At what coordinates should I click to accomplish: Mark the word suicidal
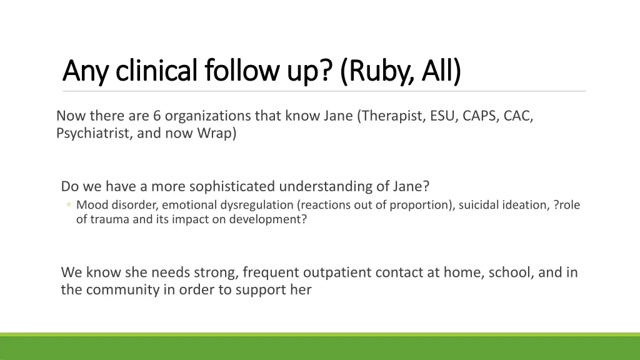[479, 205]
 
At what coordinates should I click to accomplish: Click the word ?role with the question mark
[567, 205]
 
